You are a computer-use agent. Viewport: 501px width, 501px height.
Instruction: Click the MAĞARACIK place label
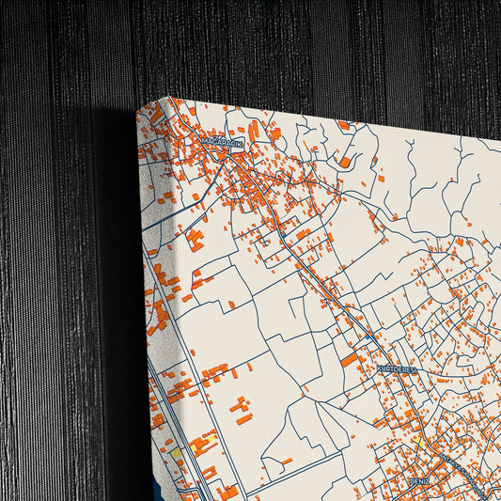pos(222,141)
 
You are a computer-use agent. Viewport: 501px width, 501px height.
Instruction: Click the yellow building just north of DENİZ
pos(415,439)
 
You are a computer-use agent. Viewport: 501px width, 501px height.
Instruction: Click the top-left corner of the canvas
pos(138,106)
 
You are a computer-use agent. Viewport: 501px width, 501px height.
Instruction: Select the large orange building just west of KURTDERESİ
pos(349,359)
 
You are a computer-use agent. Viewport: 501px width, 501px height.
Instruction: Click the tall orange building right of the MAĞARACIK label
pos(253,132)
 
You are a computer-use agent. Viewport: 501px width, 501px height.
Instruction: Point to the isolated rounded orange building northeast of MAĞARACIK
pos(345,162)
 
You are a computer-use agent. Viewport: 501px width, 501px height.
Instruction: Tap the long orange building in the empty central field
pos(241,408)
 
